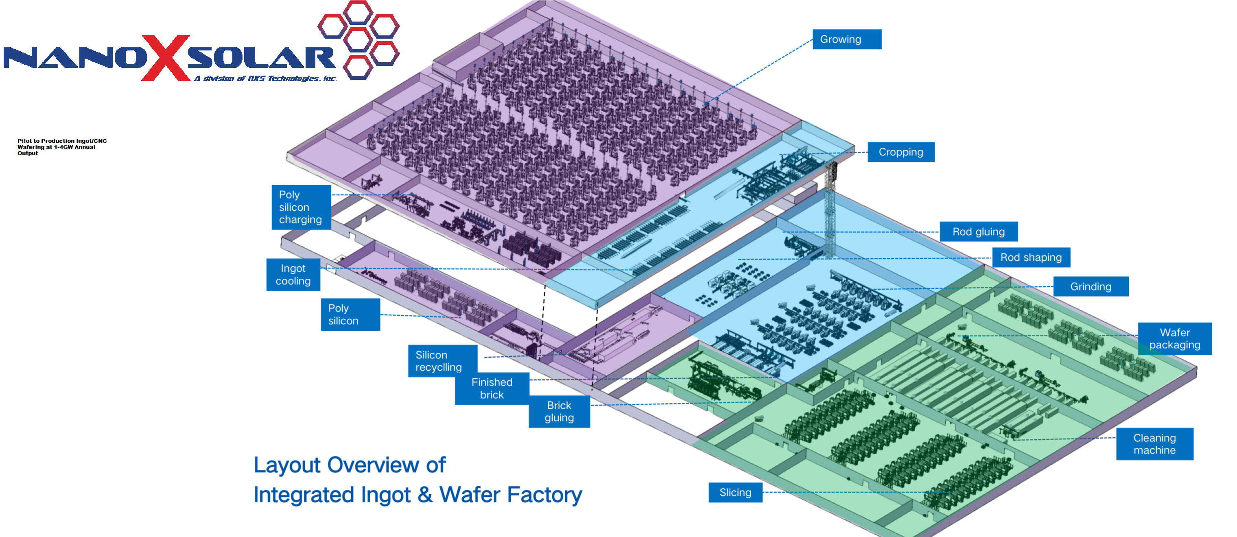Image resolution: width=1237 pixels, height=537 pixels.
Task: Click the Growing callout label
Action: click(x=847, y=39)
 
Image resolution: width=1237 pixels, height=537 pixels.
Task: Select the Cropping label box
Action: click(x=900, y=152)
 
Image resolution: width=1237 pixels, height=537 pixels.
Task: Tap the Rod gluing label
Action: click(x=978, y=232)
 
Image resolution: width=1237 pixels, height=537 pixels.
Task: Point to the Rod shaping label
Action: click(x=1031, y=258)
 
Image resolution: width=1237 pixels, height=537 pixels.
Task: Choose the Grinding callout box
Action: click(x=1090, y=286)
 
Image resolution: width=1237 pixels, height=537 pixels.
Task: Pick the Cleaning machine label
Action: click(x=1154, y=444)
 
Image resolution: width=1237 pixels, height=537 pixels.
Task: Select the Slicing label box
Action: click(x=735, y=492)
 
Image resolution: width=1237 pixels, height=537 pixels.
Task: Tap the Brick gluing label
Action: click(x=559, y=411)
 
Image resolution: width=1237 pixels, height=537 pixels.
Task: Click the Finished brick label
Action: click(x=492, y=388)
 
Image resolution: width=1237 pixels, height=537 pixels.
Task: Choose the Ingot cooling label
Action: click(x=293, y=275)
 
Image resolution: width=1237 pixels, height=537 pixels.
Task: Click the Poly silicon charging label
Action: click(x=301, y=207)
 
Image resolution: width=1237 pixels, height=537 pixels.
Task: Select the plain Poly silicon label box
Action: click(x=350, y=314)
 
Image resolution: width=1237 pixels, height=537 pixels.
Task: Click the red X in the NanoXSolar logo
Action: click(x=166, y=58)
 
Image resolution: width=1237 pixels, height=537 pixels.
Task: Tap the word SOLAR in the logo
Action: click(x=262, y=59)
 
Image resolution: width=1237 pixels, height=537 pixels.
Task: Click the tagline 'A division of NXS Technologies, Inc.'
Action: click(x=265, y=78)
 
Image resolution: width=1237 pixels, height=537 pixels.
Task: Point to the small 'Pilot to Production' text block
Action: click(x=62, y=147)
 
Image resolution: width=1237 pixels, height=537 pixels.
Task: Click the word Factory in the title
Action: click(x=544, y=495)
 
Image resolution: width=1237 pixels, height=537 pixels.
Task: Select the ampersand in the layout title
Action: click(x=424, y=495)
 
